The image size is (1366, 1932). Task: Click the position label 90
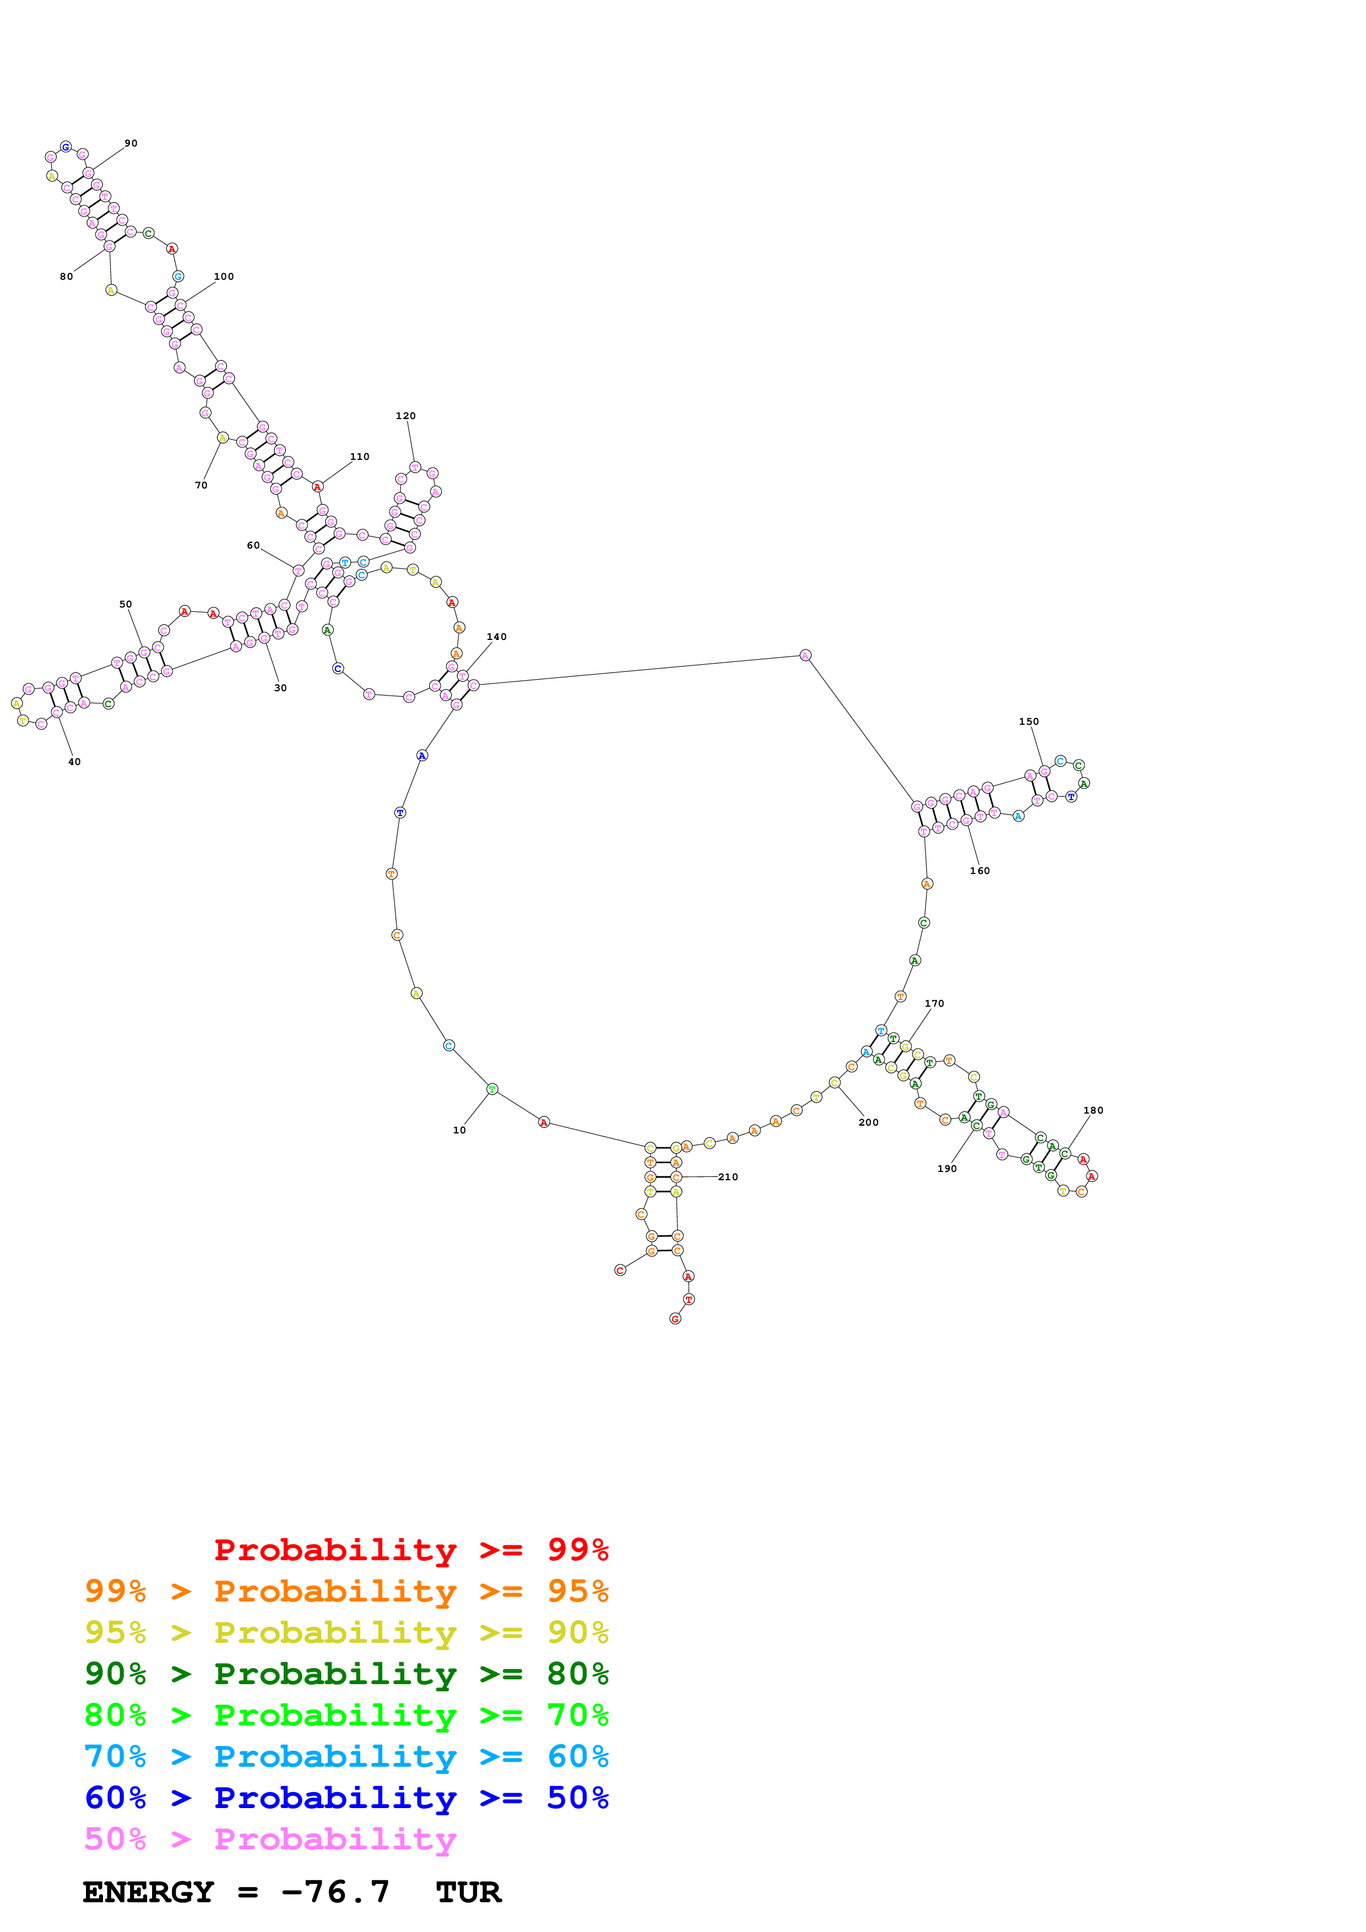(x=131, y=143)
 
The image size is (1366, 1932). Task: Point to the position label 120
(x=405, y=416)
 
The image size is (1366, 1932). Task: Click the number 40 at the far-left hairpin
(x=74, y=762)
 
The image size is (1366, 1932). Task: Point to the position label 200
(x=868, y=1122)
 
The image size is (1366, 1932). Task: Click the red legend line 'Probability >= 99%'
(x=411, y=1549)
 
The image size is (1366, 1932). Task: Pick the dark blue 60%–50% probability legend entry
(x=346, y=1798)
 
